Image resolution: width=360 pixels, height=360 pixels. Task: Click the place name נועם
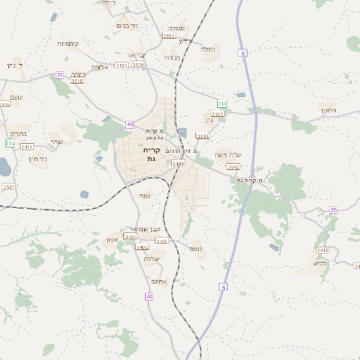click(x=196, y=247)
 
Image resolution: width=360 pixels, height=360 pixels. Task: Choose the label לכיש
click(x=319, y=264)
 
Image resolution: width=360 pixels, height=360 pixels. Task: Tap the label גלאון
click(x=328, y=110)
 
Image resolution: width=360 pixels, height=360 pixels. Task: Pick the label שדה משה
click(x=229, y=155)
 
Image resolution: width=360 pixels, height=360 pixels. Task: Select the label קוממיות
click(x=68, y=43)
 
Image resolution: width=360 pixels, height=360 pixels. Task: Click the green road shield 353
click(x=221, y=104)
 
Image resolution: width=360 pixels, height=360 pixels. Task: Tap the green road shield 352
click(x=10, y=142)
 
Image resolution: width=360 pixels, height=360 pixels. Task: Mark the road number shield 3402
click(x=142, y=246)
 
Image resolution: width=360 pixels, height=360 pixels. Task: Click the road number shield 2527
click(x=9, y=186)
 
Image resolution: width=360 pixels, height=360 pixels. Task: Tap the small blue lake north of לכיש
click(x=274, y=247)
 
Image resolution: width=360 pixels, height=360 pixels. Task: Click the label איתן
click(x=112, y=238)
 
